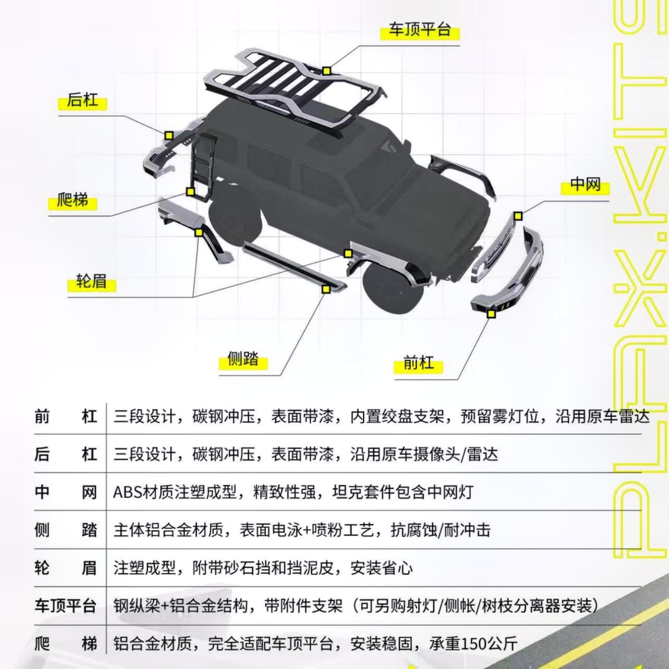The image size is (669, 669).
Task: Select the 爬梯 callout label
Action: pyautogui.click(x=73, y=200)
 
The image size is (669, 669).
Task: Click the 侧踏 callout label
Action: pyautogui.click(x=243, y=359)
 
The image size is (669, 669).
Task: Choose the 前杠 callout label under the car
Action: pyautogui.click(x=419, y=363)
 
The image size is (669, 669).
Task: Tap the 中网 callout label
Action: pyautogui.click(x=585, y=184)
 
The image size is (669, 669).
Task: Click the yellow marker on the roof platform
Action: pyautogui.click(x=326, y=71)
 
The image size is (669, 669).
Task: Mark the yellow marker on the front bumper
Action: pyautogui.click(x=491, y=315)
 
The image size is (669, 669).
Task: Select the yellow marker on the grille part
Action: pyautogui.click(x=518, y=216)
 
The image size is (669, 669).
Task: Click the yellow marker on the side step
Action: pyautogui.click(x=325, y=289)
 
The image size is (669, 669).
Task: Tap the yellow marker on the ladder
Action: pyautogui.click(x=190, y=192)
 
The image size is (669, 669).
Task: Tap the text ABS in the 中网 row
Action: pyautogui.click(x=128, y=493)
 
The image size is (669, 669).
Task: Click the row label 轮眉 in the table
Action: pyautogui.click(x=65, y=569)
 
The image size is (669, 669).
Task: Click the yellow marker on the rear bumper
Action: pyautogui.click(x=169, y=135)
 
